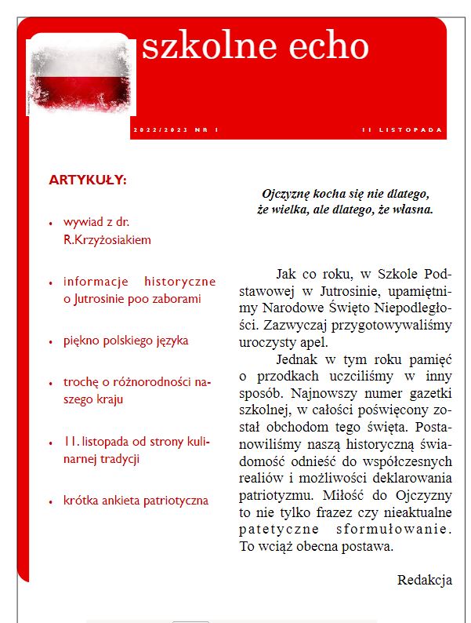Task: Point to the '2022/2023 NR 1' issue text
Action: coord(176,129)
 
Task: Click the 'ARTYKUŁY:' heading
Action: coord(88,180)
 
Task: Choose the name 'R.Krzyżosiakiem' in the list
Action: coord(107,240)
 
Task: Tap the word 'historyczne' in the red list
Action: coord(180,281)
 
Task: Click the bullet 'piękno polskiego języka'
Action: coord(126,341)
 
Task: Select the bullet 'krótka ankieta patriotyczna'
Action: coord(136,500)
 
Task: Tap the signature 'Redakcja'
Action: coord(425,580)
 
